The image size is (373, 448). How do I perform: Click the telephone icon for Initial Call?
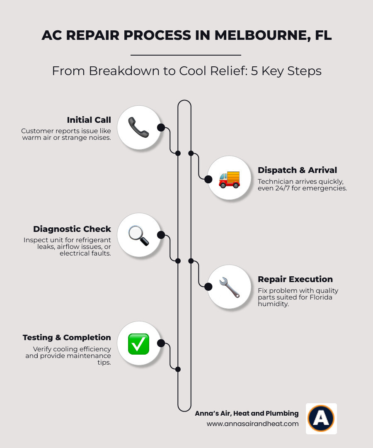[x=138, y=127]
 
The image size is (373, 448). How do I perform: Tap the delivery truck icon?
[x=229, y=179]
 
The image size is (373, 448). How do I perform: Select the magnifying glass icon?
[x=138, y=235]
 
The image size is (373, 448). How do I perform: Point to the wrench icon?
[x=229, y=287]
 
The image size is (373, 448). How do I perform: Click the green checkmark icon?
[x=138, y=344]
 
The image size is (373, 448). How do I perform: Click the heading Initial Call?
[x=89, y=120]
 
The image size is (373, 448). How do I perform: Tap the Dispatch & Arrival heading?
[x=297, y=170]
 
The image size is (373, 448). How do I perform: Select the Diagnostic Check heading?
[x=72, y=229]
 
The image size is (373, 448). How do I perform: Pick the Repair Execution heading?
[x=295, y=279]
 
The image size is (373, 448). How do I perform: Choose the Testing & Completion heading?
[x=67, y=337]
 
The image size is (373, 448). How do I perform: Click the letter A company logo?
[x=321, y=418]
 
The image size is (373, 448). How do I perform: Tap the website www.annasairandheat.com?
[x=252, y=424]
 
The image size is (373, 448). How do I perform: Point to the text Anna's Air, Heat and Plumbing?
[x=247, y=413]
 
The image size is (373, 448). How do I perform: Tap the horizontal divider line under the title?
[x=186, y=55]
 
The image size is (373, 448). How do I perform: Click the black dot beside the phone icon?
[x=161, y=127]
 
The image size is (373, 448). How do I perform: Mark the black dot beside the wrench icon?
[x=208, y=287]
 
